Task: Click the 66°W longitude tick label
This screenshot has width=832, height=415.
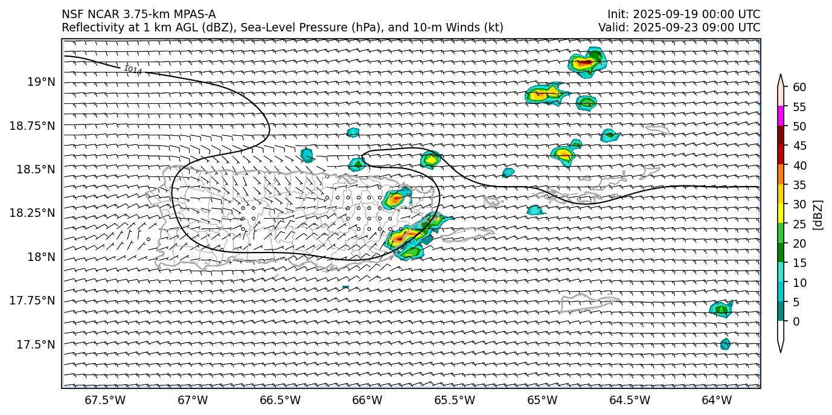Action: [x=367, y=400]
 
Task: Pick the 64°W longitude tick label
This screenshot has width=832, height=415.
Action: [x=717, y=400]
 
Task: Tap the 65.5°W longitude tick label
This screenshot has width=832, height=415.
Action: [x=455, y=400]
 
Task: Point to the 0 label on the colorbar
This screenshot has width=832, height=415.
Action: [x=795, y=321]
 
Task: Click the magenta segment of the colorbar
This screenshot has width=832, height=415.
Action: [x=781, y=116]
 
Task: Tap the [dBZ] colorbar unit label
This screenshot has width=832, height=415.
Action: [x=819, y=214]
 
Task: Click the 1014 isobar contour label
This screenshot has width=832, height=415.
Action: [x=132, y=70]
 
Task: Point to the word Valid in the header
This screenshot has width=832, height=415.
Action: [x=612, y=27]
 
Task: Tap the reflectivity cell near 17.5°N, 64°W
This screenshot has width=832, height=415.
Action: [x=725, y=344]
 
